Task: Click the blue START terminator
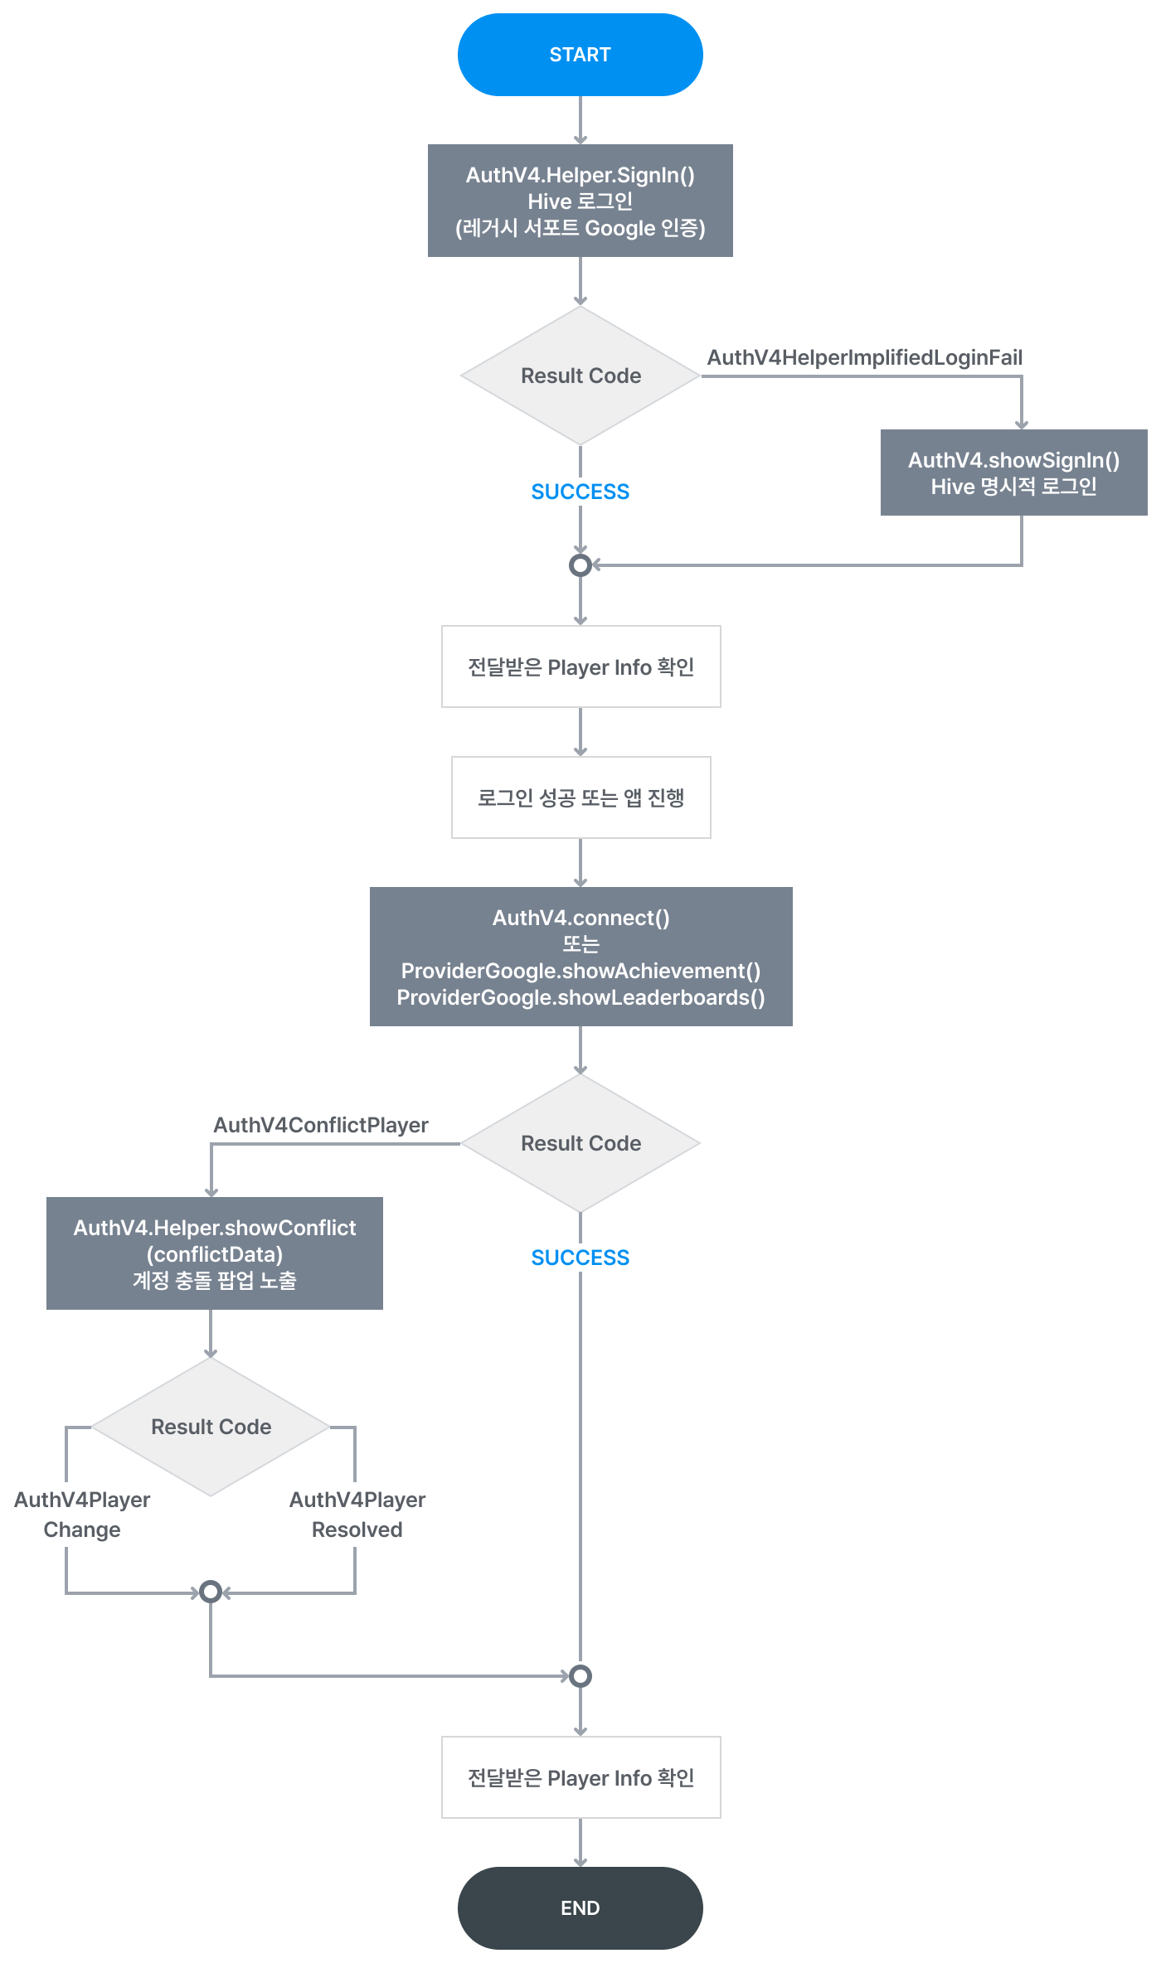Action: tap(580, 55)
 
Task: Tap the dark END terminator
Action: tap(580, 1907)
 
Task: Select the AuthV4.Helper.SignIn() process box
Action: tap(580, 201)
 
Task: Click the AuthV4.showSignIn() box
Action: tap(1013, 473)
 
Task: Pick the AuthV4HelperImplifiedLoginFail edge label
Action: tap(864, 357)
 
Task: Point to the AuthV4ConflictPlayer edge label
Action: tap(321, 1125)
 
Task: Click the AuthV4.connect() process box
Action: tap(580, 957)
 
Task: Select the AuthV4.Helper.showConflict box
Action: tap(214, 1253)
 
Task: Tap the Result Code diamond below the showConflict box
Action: tap(211, 1427)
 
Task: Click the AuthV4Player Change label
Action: tap(82, 1515)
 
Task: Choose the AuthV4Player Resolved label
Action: tap(357, 1515)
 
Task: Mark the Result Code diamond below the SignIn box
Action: tap(580, 376)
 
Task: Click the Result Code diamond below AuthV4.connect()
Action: tap(580, 1143)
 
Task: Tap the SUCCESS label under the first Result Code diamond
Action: tap(580, 492)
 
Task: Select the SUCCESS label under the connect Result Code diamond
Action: tap(580, 1258)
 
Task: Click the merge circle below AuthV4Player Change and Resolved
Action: tap(211, 1592)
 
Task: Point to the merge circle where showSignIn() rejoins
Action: tap(580, 565)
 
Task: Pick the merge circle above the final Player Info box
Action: tap(580, 1676)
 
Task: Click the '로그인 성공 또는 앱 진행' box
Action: tap(580, 797)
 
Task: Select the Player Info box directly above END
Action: tap(580, 1777)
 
